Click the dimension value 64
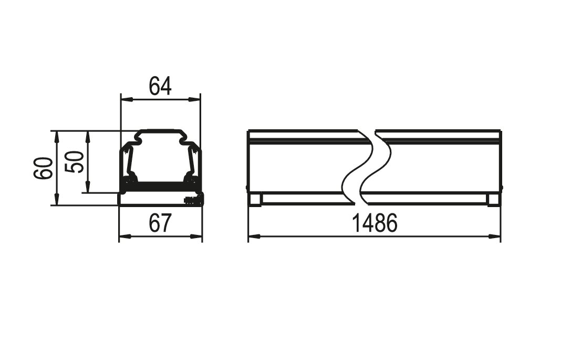tap(160, 86)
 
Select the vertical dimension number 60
tap(43, 168)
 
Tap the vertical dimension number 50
tap(74, 162)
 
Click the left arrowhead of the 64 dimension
tap(127, 99)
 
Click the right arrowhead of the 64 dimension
tap(194, 99)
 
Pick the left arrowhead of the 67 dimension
tap(125, 236)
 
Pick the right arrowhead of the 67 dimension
tap(196, 236)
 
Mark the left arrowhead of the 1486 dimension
tap(254, 236)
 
